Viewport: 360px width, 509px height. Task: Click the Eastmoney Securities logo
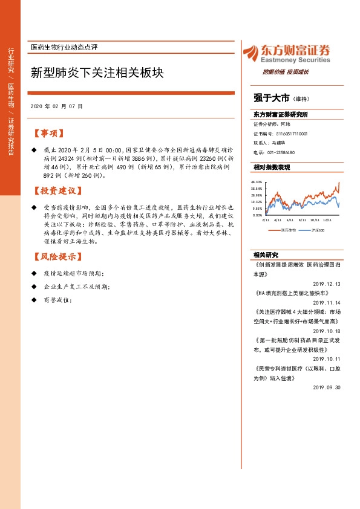286,54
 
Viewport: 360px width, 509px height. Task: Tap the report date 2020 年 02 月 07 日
56,106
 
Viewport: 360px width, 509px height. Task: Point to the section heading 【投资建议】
56,191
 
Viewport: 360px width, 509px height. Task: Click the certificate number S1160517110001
292,134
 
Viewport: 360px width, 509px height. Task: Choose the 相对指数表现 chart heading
272,167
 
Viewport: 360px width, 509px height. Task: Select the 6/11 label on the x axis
290,221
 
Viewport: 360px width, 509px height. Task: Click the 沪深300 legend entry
318,230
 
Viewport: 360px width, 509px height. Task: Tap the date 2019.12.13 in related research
327,284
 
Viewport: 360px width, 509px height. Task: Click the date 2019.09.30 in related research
327,387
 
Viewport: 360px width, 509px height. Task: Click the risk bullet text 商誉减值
58,300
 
